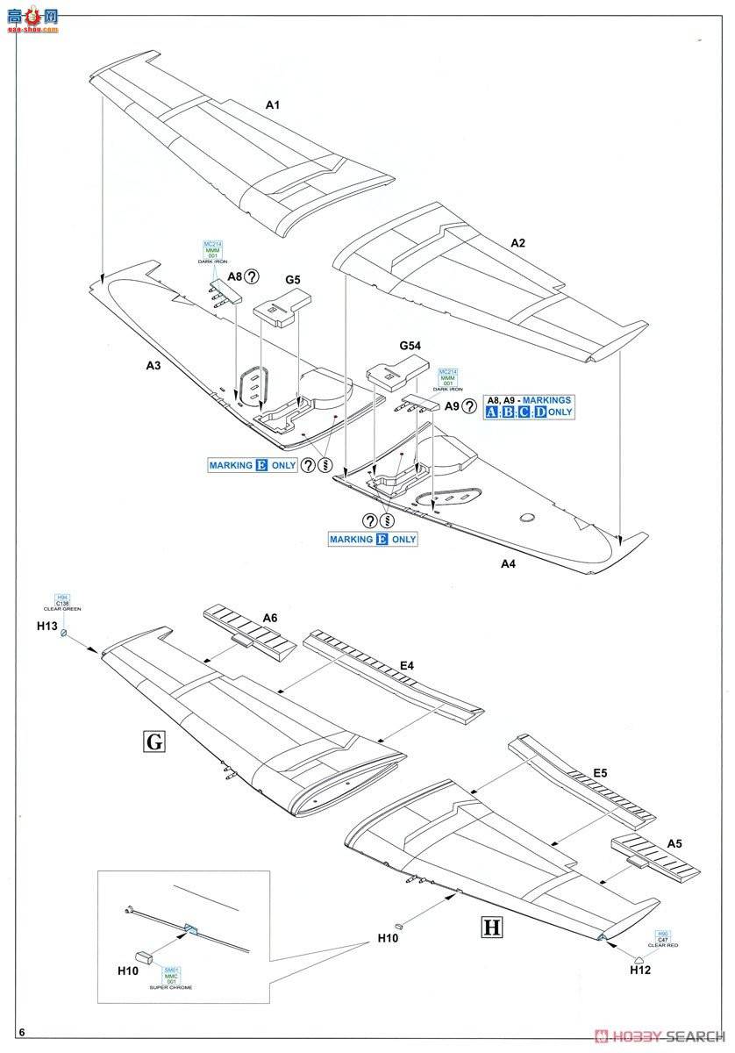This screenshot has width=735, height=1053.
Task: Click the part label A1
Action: (x=272, y=105)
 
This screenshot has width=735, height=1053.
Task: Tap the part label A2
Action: (x=518, y=242)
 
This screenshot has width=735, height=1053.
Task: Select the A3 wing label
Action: (x=153, y=367)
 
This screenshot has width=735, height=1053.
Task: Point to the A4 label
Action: (x=508, y=564)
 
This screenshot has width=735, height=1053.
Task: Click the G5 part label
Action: (x=293, y=280)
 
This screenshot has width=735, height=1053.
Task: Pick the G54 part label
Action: (x=409, y=347)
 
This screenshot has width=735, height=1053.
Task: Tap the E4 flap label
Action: (x=406, y=666)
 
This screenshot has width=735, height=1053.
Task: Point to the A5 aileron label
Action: (x=674, y=843)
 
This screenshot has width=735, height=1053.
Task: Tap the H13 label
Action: (x=46, y=627)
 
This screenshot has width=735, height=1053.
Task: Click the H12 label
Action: (x=639, y=970)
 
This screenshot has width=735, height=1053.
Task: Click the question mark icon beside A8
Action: (x=253, y=276)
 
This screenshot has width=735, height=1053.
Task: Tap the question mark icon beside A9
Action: (x=470, y=406)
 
